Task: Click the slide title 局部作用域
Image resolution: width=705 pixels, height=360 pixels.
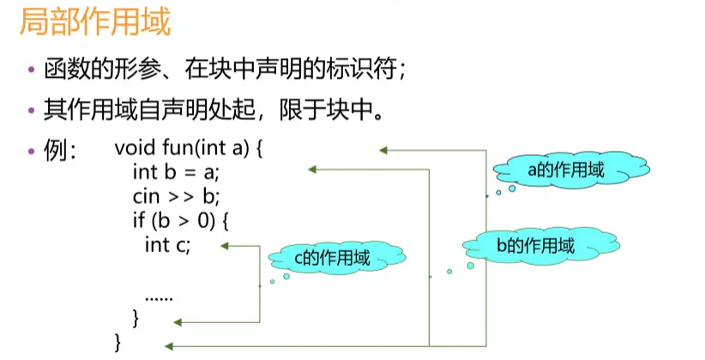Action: coord(95,21)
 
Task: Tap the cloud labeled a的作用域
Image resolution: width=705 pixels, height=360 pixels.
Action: coord(566,170)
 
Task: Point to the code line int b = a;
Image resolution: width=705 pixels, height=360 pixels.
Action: coord(177,171)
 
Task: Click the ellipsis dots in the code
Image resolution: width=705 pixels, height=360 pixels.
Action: coord(160,297)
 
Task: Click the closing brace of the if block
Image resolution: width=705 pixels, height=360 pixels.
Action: coord(136,320)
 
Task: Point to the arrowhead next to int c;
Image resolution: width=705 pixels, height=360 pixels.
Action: coord(224,246)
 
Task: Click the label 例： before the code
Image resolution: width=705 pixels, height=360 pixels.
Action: coord(60,150)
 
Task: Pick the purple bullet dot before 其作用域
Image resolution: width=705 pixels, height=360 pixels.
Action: coord(32,111)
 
